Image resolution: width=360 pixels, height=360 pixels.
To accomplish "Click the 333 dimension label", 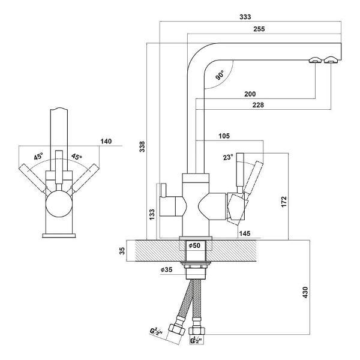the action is click(245, 17).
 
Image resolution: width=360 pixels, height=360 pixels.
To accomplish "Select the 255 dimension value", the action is click(259, 29).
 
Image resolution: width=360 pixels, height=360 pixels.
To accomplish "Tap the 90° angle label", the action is click(220, 75).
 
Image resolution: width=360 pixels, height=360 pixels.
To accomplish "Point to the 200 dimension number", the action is click(250, 94).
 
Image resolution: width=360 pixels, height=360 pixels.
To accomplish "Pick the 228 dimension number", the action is click(258, 105).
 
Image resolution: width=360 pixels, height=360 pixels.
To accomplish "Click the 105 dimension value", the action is click(224, 136).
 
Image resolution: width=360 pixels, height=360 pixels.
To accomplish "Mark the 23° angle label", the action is click(228, 157).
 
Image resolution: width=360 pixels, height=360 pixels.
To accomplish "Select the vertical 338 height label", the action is click(142, 146).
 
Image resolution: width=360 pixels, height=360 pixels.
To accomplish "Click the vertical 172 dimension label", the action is click(284, 202).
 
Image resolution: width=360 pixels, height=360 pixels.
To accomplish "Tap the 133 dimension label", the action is click(152, 214).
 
